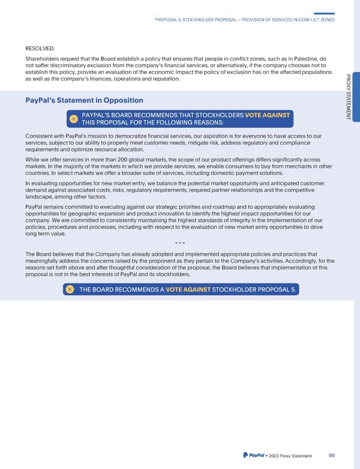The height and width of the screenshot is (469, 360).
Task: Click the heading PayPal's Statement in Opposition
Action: click(x=83, y=100)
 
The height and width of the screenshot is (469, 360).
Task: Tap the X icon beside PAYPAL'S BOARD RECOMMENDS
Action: click(x=72, y=119)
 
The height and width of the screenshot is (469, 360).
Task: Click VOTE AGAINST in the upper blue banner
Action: click(x=268, y=115)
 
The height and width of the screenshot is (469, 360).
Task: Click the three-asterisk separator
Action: click(x=180, y=243)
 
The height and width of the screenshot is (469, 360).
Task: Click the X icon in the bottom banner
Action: click(x=70, y=289)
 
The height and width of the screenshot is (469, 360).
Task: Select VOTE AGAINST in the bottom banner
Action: click(x=188, y=289)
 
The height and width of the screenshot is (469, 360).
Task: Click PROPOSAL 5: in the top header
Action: click(x=173, y=20)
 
